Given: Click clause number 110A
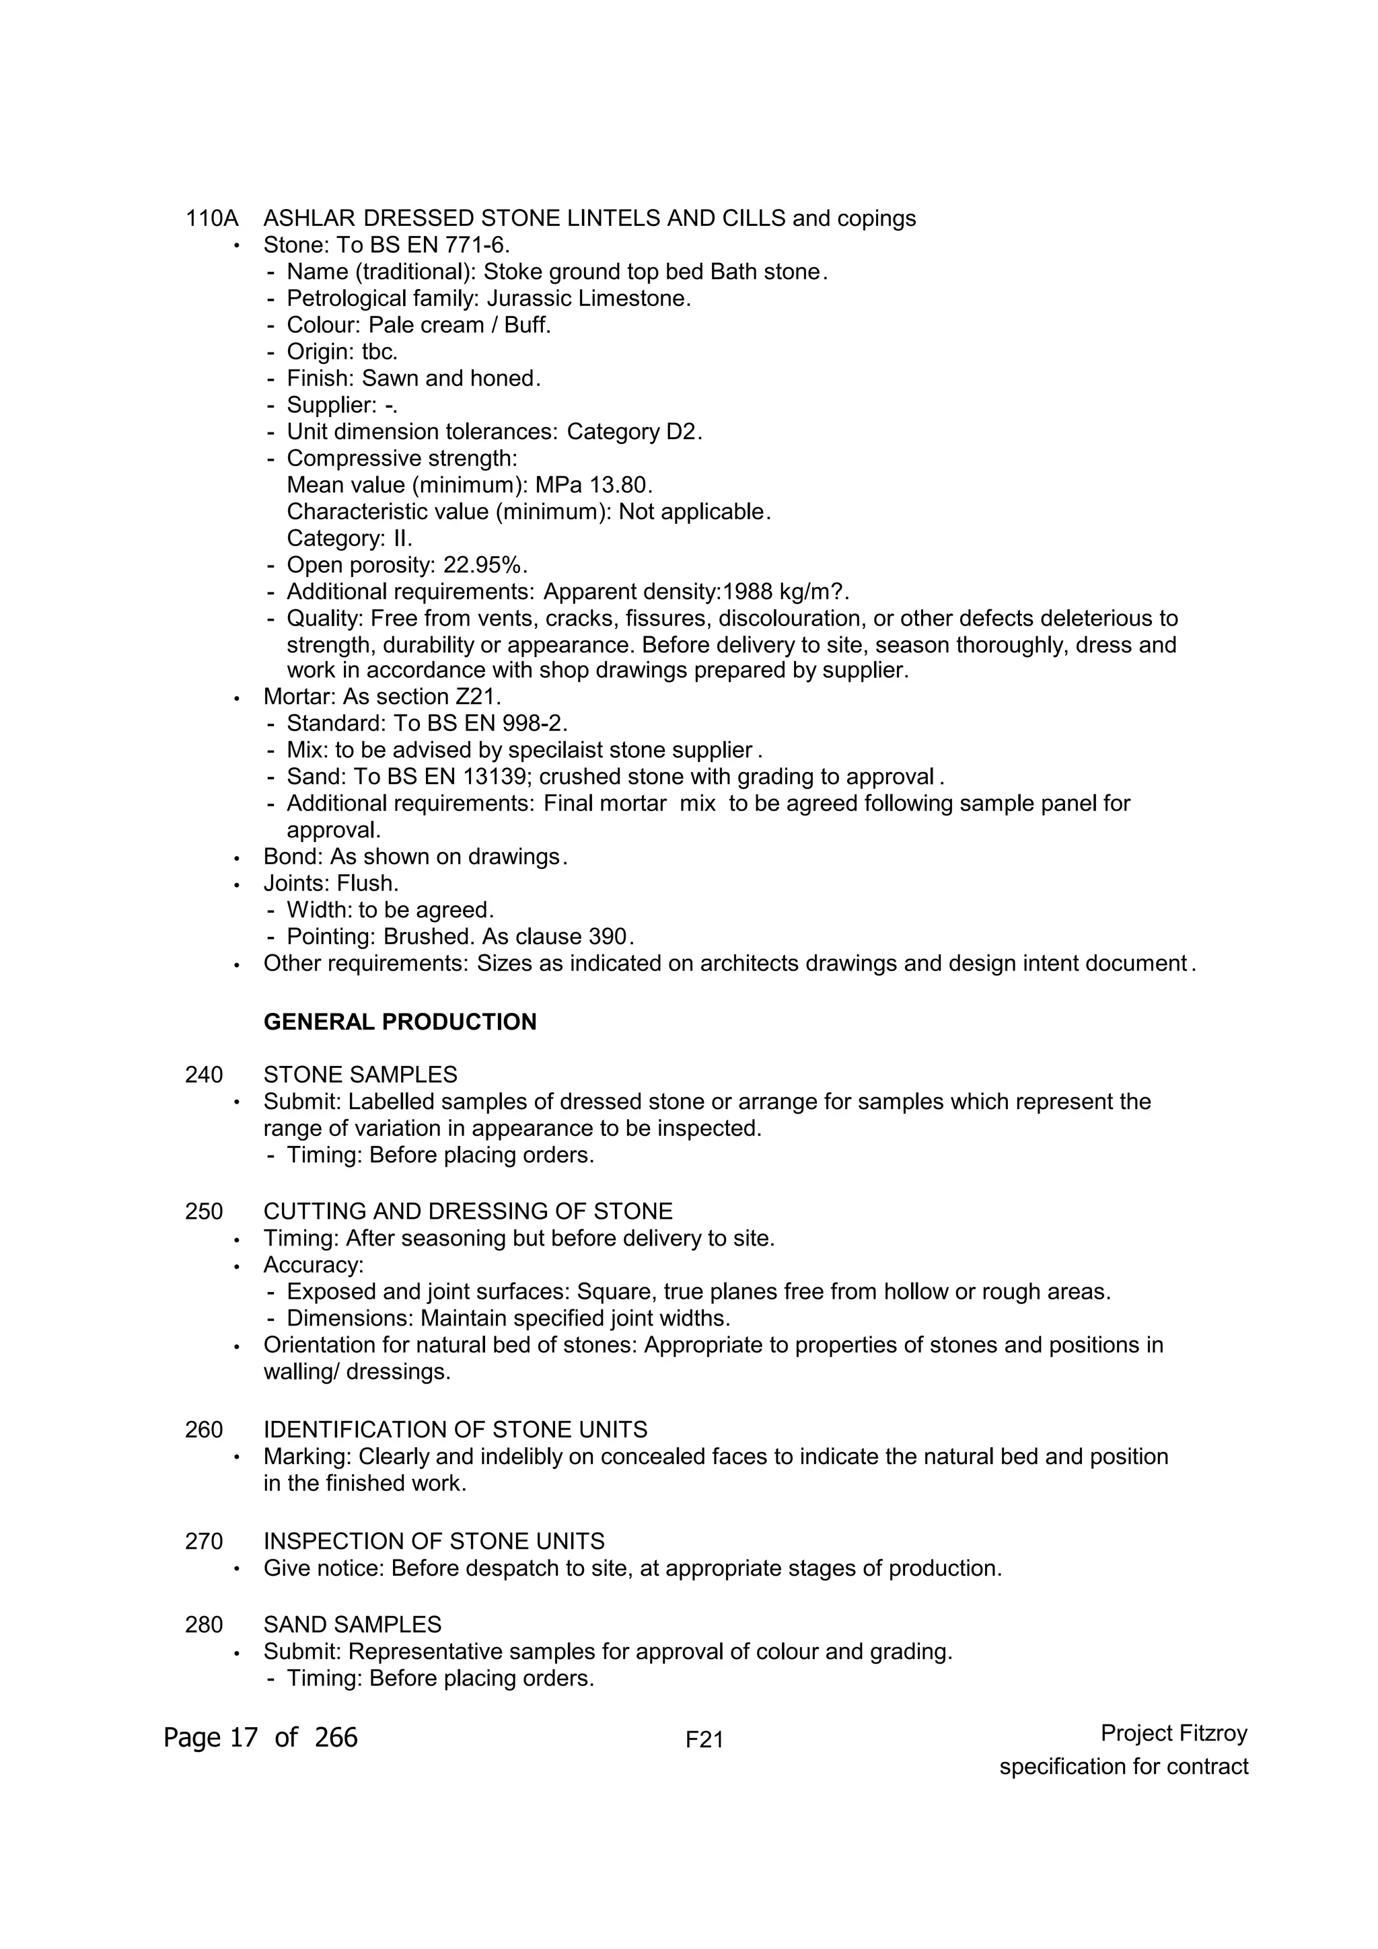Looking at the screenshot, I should point(211,219).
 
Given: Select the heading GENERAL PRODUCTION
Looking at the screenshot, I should point(400,1022).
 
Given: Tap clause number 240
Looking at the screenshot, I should point(204,1075).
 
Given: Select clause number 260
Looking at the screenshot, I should point(204,1430).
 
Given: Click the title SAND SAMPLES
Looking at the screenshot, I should point(353,1625).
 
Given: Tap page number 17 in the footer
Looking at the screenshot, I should point(243,1738).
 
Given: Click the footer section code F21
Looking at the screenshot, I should point(704,1741).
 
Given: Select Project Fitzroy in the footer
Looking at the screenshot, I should point(1173,1733).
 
